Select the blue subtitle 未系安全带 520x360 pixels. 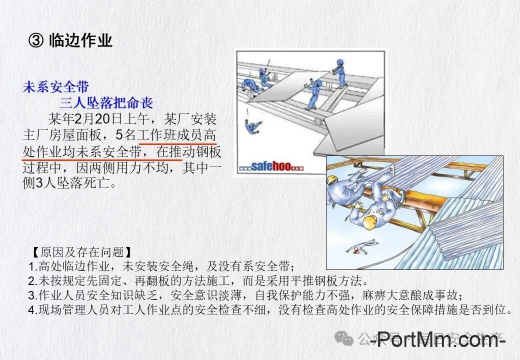tap(55, 87)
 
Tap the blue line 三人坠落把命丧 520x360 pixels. tap(106, 103)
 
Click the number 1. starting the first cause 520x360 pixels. tap(32, 266)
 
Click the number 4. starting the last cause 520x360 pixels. tap(32, 309)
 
